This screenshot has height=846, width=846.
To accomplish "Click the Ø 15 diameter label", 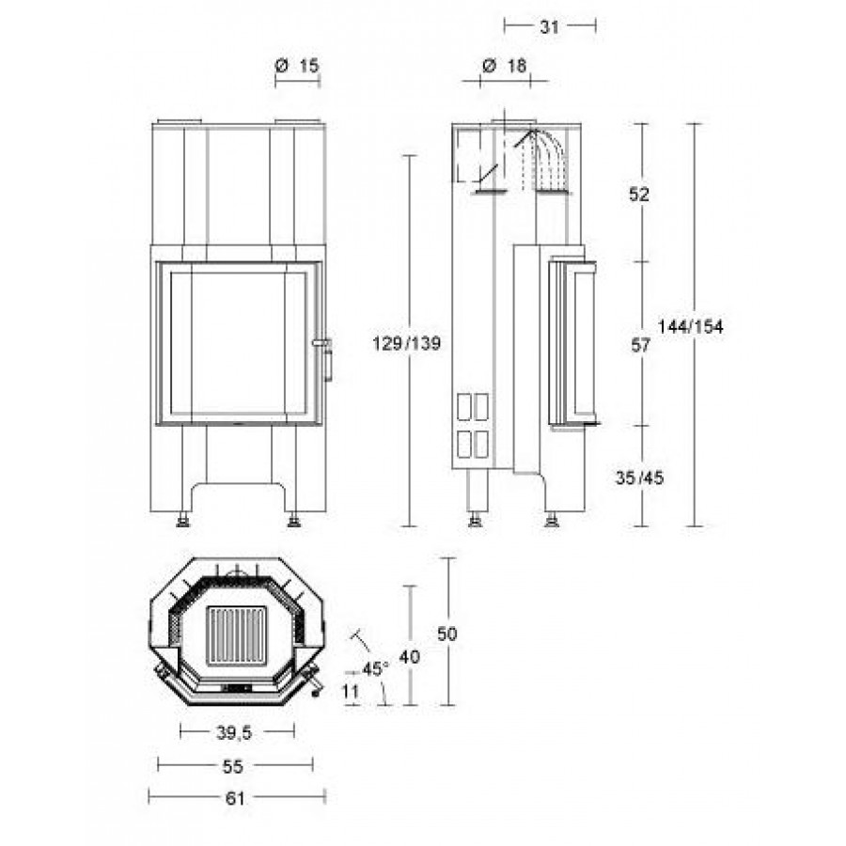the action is click(297, 66).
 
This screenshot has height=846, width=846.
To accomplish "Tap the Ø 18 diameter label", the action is click(504, 66).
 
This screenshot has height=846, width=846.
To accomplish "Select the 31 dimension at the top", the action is click(549, 26).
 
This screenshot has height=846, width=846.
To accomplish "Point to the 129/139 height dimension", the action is click(407, 343).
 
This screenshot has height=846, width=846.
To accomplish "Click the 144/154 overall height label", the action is click(691, 326).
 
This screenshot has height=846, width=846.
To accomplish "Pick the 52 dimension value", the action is click(639, 195).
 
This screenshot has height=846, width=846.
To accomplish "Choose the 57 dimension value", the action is click(640, 345).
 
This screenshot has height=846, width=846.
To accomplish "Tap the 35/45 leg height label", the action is click(640, 478).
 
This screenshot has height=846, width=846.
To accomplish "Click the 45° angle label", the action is click(375, 669).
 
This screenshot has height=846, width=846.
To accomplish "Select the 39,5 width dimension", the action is click(234, 732).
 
